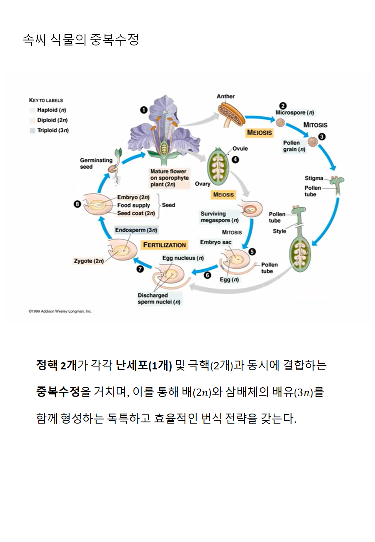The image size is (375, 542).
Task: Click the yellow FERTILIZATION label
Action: [x=165, y=245]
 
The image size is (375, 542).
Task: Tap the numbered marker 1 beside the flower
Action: [x=144, y=110]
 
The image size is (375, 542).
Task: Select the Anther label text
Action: [x=225, y=96]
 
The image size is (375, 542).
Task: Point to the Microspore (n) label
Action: [x=295, y=113]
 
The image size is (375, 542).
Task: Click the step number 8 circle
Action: [x=77, y=204]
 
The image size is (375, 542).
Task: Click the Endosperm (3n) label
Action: [x=136, y=230]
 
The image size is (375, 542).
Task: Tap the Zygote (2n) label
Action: [x=89, y=261]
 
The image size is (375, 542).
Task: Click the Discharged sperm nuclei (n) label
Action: [x=159, y=299]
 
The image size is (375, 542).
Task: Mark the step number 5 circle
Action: [x=252, y=252]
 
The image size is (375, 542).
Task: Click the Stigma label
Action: [x=314, y=178]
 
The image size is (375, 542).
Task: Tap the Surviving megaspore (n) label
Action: [x=219, y=217]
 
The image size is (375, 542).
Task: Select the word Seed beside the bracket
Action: [x=168, y=205]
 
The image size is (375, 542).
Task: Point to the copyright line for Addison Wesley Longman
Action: [x=60, y=311]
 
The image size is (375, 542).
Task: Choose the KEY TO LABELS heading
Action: [x=46, y=100]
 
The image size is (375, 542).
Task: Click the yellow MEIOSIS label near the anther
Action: [x=259, y=133]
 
